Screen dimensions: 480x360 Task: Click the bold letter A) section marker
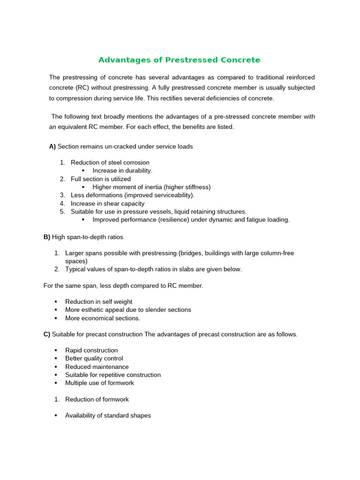pos(52,146)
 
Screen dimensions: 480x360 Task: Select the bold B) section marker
pos(47,237)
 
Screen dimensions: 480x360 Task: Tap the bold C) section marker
pos(47,334)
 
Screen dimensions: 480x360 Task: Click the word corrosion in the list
pos(135,163)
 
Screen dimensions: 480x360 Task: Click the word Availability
pos(81,415)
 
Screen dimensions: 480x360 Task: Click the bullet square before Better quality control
pos(55,359)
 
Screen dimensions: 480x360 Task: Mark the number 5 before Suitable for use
pos(62,211)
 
